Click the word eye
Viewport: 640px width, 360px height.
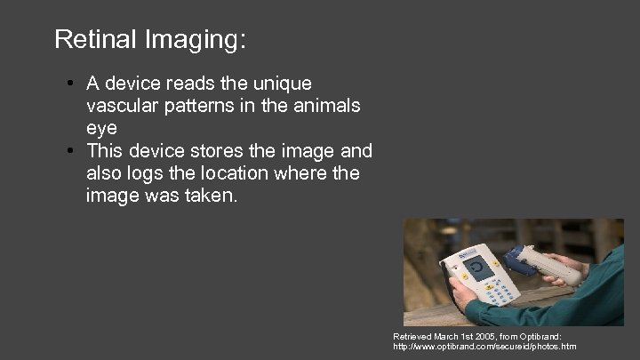tap(101, 127)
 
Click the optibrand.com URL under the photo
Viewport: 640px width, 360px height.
tap(484, 347)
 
